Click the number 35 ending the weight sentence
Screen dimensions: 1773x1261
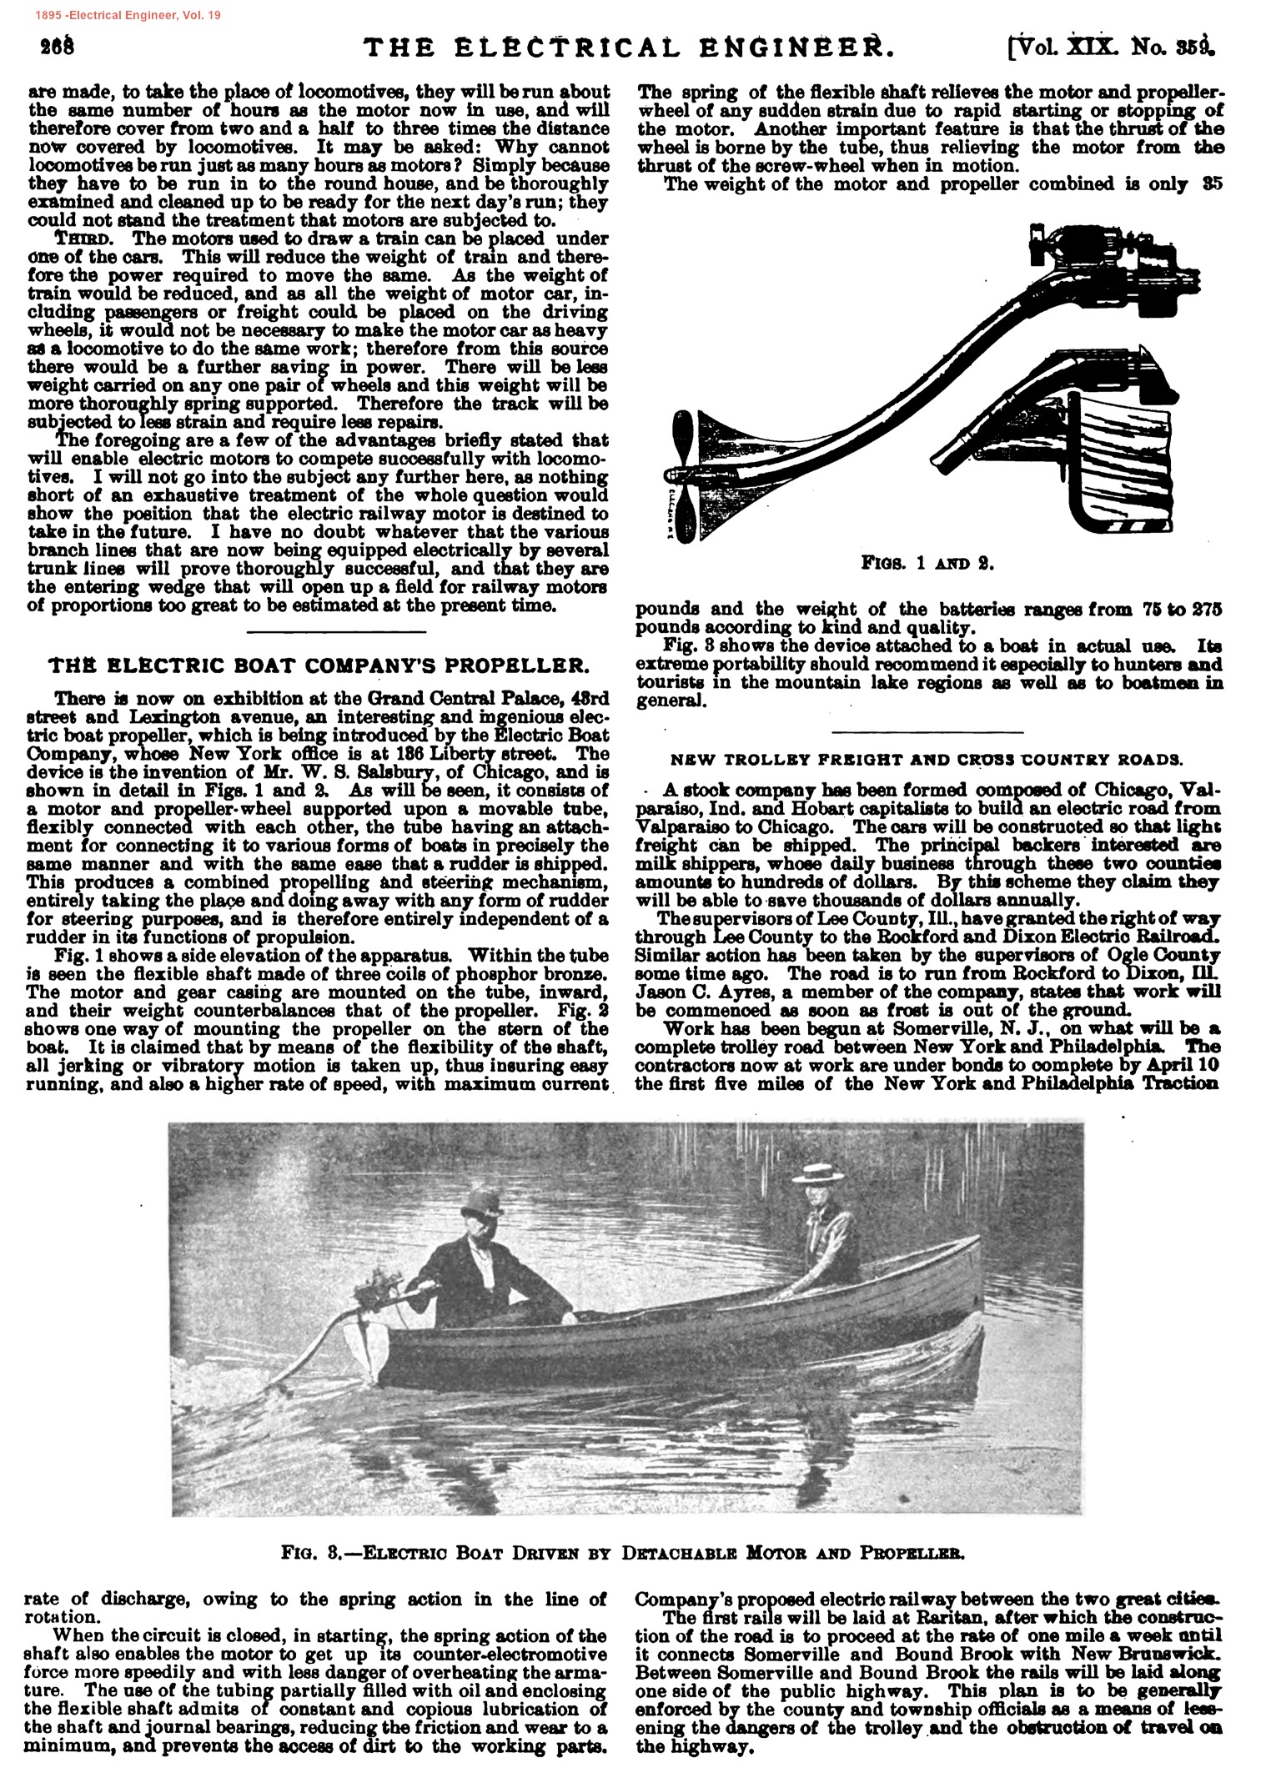[1211, 185]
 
